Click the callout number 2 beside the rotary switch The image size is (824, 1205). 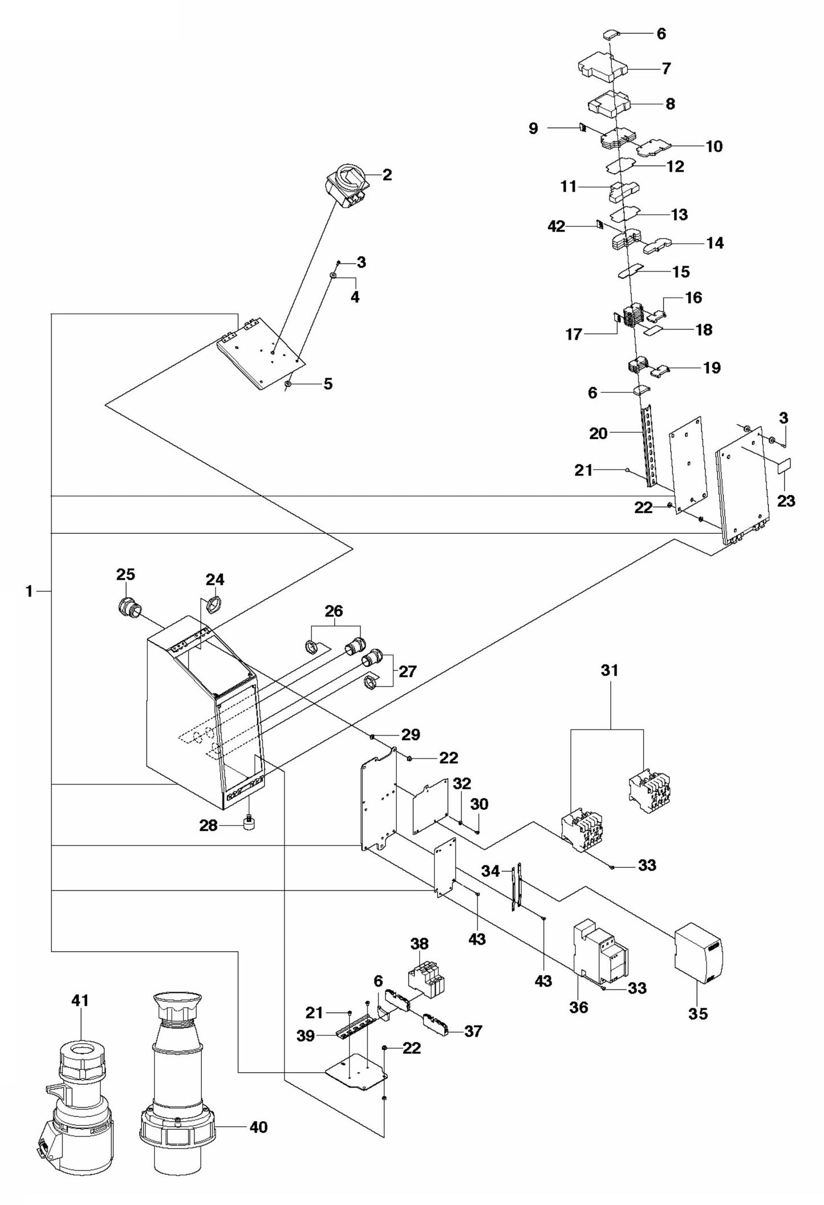[387, 175]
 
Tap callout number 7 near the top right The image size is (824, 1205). [666, 68]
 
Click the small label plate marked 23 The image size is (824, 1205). [785, 465]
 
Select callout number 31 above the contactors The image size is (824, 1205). [610, 670]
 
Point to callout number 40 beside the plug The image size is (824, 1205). [258, 1127]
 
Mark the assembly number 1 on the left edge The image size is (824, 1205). [29, 591]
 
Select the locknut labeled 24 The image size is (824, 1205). [213, 604]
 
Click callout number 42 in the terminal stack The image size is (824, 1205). [556, 226]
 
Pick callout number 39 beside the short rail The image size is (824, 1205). [306, 1036]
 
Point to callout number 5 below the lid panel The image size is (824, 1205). [327, 384]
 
